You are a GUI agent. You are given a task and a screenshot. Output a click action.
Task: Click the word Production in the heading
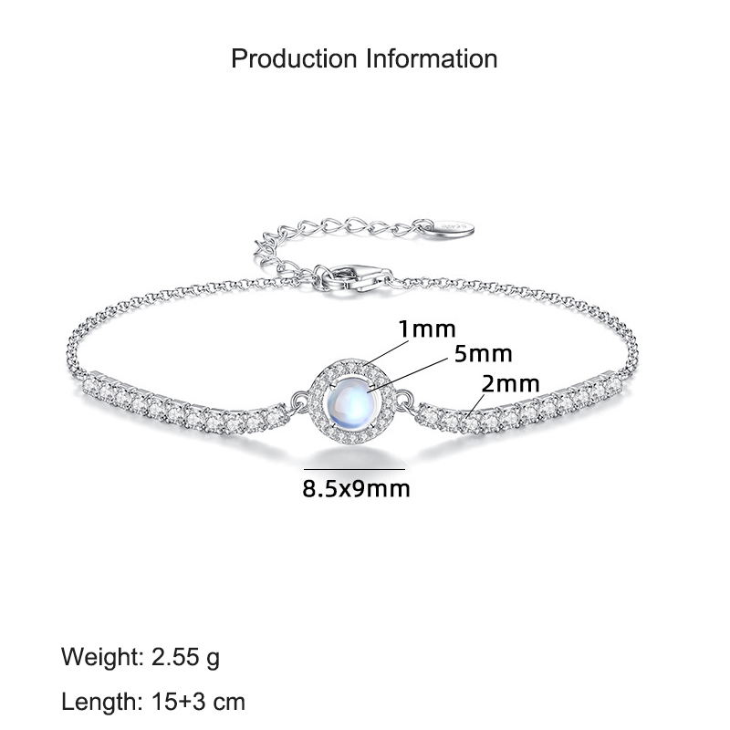(294, 58)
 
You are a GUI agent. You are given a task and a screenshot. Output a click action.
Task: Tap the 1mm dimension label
(427, 329)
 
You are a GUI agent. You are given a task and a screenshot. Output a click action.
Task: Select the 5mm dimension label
(483, 354)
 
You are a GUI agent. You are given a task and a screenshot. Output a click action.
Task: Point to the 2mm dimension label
(511, 383)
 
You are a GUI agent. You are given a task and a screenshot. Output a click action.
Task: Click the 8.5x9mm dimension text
(356, 489)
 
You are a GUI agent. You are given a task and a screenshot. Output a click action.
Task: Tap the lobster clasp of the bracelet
(353, 278)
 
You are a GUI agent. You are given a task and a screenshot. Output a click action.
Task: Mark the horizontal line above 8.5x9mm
(354, 469)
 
